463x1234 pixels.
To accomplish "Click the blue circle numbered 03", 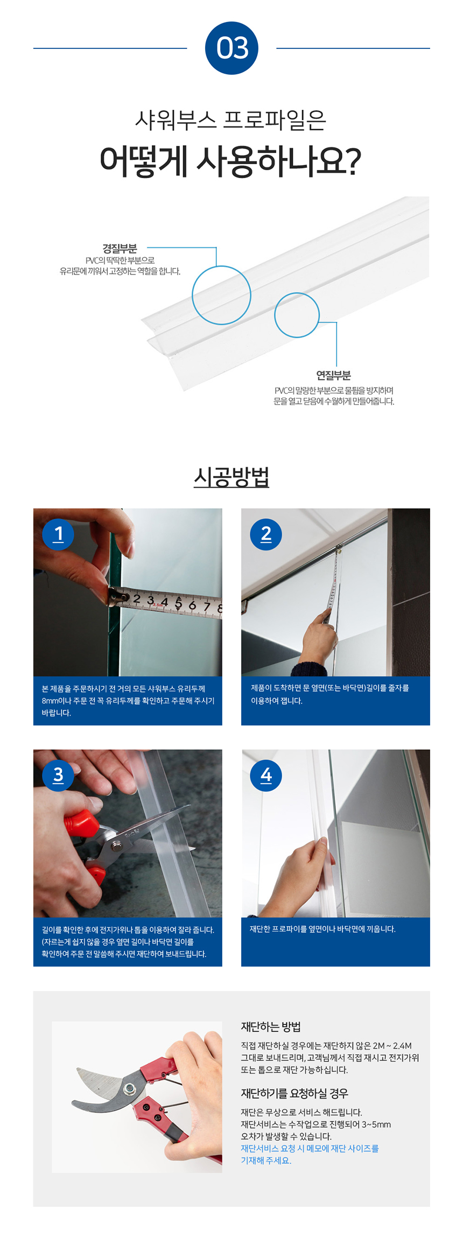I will pyautogui.click(x=231, y=48).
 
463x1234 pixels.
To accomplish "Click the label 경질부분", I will pyautogui.click(x=120, y=248).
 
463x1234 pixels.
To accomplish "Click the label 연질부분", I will pyautogui.click(x=333, y=375).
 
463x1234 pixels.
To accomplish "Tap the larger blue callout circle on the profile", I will pyautogui.click(x=221, y=295).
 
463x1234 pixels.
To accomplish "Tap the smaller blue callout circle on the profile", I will pyautogui.click(x=297, y=315).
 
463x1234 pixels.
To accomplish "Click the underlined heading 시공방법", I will pyautogui.click(x=231, y=477).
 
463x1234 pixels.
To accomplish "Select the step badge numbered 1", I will pyautogui.click(x=58, y=534).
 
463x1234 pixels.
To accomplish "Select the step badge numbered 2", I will pyautogui.click(x=266, y=534).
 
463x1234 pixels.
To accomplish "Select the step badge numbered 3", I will pyautogui.click(x=58, y=775).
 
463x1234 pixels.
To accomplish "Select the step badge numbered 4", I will pyautogui.click(x=266, y=775).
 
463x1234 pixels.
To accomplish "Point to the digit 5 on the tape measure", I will pyautogui.click(x=178, y=602).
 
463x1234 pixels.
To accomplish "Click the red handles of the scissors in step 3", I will pyautogui.click(x=80, y=823).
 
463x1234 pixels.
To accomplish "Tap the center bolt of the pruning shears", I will pyautogui.click(x=129, y=1089).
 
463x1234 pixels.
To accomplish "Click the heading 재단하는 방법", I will pyautogui.click(x=271, y=1027).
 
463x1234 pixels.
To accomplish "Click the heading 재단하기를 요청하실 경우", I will pyautogui.click(x=294, y=1093).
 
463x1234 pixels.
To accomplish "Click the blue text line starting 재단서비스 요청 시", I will pyautogui.click(x=310, y=1148).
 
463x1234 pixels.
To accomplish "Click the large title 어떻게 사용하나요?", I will pyautogui.click(x=231, y=161).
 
